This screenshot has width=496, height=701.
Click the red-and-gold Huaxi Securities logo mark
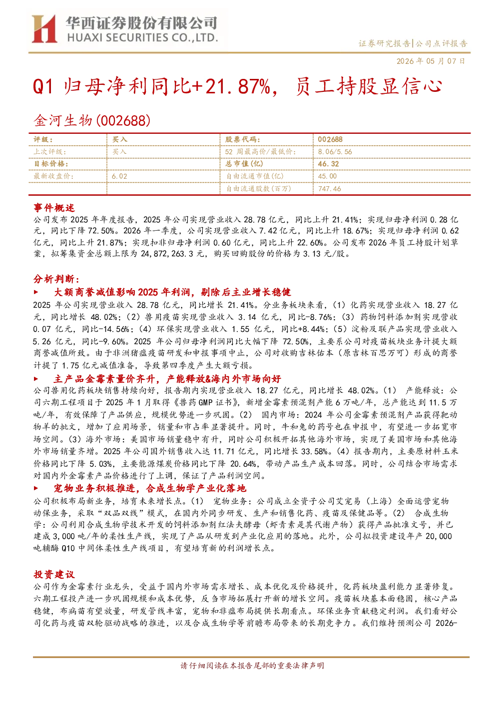pyautogui.click(x=44, y=28)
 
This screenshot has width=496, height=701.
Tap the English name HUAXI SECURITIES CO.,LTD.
pyautogui.click(x=143, y=38)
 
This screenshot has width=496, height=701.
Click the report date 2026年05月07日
pyautogui.click(x=431, y=61)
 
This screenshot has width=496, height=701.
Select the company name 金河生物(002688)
pyautogui.click(x=92, y=120)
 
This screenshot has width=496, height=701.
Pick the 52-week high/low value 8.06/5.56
pyautogui.click(x=335, y=152)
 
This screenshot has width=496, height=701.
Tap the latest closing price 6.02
pyautogui.click(x=119, y=176)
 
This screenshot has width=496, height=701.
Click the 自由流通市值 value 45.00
pyautogui.click(x=327, y=176)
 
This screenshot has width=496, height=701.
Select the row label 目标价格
pyautogui.click(x=51, y=164)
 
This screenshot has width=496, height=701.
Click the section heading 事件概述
pyautogui.click(x=54, y=208)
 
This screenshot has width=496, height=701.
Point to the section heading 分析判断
pyautogui.click(x=56, y=279)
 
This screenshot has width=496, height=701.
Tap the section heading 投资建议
pyautogui.click(x=54, y=574)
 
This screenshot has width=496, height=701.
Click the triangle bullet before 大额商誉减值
pyautogui.click(x=36, y=292)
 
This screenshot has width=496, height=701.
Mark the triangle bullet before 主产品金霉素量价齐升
pyautogui.click(x=36, y=379)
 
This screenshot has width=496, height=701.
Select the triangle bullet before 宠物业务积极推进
pyautogui.click(x=36, y=488)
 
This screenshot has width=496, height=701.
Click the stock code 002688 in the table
pyautogui.click(x=330, y=139)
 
